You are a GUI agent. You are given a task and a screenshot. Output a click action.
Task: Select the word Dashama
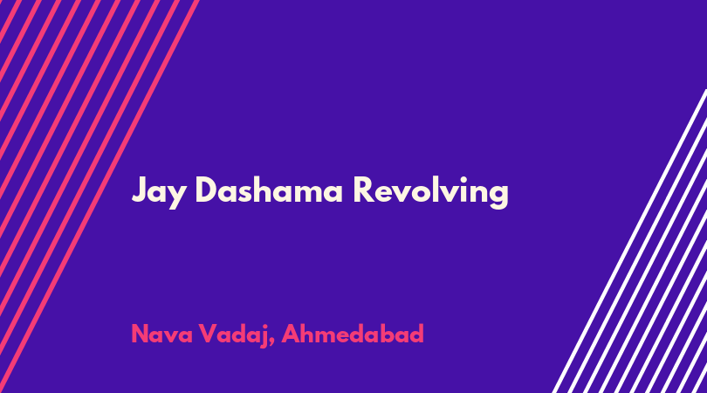269,190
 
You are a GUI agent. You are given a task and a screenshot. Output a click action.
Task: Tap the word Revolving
431,191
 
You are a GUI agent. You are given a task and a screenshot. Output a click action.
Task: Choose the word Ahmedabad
353,334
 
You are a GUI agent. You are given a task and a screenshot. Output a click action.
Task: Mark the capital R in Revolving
364,190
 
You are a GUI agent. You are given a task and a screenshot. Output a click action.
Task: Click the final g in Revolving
498,196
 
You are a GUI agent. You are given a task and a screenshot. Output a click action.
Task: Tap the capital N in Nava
140,334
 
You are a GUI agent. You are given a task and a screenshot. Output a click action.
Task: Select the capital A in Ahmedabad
291,334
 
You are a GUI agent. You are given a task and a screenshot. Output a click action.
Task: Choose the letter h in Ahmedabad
308,334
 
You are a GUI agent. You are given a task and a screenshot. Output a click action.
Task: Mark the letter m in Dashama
305,193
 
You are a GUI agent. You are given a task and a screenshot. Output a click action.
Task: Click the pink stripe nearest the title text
99,196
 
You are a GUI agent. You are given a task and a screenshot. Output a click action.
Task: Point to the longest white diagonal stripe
630,241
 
